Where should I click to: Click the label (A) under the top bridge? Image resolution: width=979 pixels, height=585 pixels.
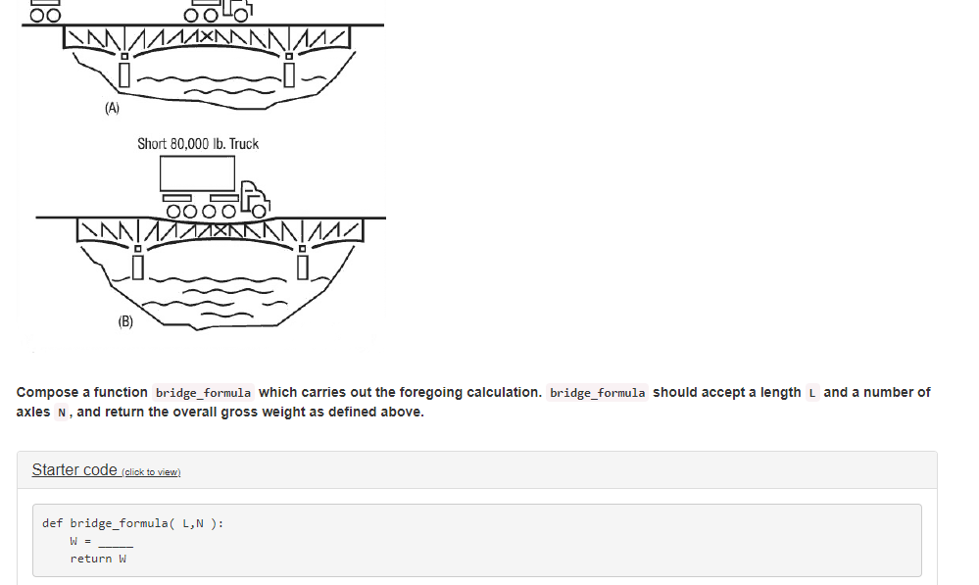click(x=113, y=108)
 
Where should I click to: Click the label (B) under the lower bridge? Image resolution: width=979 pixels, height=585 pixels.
click(x=125, y=321)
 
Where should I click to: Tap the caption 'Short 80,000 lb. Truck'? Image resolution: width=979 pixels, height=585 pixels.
click(x=198, y=144)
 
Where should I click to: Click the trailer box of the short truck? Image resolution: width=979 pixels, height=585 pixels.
click(x=198, y=174)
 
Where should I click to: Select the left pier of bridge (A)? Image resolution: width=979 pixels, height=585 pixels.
click(x=124, y=72)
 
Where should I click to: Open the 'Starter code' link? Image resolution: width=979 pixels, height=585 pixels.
click(x=74, y=469)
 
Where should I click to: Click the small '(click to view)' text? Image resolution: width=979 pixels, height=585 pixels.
click(x=151, y=472)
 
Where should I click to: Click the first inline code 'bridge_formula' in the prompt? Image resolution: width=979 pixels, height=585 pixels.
click(x=203, y=393)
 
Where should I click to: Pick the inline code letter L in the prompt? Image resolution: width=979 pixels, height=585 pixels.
click(x=812, y=393)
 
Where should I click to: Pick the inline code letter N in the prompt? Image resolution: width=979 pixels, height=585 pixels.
click(x=62, y=413)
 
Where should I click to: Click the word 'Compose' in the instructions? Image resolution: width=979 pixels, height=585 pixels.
click(x=47, y=392)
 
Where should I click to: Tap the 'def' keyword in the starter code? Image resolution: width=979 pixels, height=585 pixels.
click(x=53, y=523)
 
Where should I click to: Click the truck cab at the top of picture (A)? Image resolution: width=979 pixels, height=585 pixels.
click(x=236, y=9)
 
